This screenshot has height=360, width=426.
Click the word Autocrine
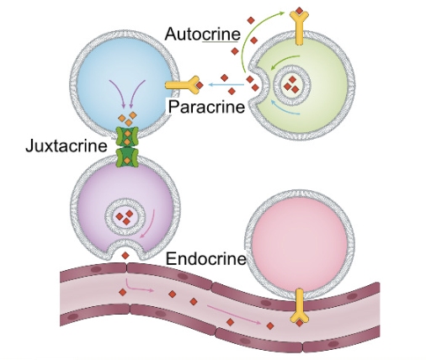[x=202, y=34]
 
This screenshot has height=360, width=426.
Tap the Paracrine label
[x=206, y=107]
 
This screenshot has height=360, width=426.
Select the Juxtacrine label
[x=67, y=146]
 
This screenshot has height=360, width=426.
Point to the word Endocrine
[x=206, y=258]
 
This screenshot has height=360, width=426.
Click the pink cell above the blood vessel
[x=300, y=242]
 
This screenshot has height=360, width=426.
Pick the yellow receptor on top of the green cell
[x=299, y=27]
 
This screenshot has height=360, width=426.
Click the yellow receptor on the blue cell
[x=183, y=85]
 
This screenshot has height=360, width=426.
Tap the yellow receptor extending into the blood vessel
[x=300, y=306]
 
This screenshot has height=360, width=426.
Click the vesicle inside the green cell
[x=291, y=83]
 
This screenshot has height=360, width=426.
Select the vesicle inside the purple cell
[x=125, y=216]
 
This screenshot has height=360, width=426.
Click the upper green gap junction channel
[x=127, y=137]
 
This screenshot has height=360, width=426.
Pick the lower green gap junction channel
[x=127, y=158]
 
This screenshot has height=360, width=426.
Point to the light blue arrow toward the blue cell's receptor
[x=226, y=84]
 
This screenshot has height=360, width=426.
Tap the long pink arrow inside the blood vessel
[x=234, y=315]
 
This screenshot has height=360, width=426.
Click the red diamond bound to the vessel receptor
[x=300, y=323]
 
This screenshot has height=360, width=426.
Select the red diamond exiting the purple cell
[x=125, y=256]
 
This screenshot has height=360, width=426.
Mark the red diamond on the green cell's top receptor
[x=300, y=11]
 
